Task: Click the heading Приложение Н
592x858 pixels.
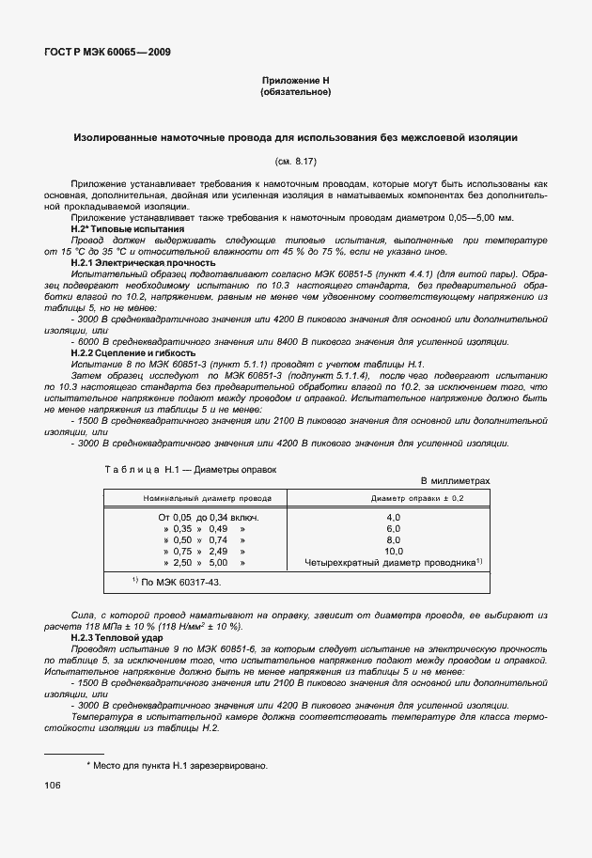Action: coord(295,82)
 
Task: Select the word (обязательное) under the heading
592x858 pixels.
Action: coord(295,92)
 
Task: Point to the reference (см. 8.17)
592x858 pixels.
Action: coord(295,162)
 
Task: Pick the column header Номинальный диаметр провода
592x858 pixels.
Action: coord(201,498)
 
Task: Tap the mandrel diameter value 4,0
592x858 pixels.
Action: coord(394,518)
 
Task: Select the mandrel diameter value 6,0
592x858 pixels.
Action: coord(394,529)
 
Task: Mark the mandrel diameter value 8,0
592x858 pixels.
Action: coord(394,540)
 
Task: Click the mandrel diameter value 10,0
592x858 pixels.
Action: coord(394,552)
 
